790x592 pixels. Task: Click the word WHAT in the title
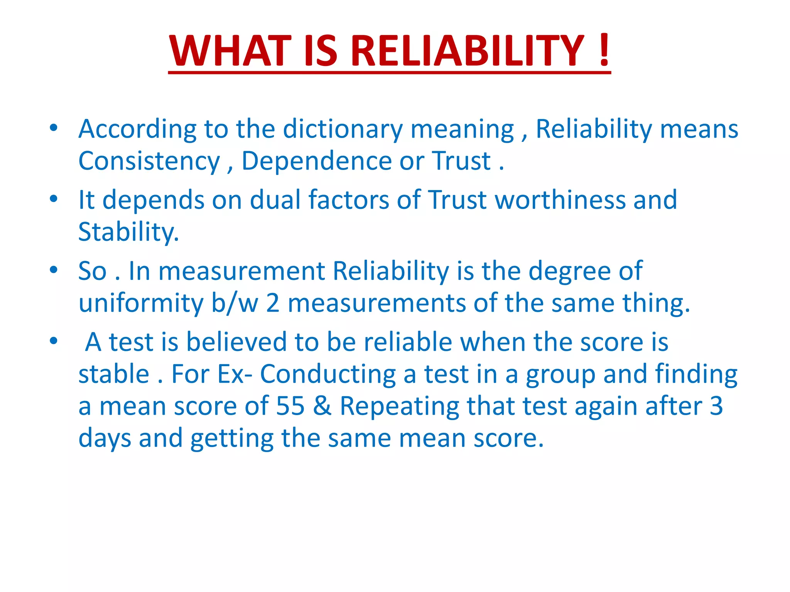pos(230,51)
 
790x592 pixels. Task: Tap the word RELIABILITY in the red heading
pos(467,51)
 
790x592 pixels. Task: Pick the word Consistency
pos(149,161)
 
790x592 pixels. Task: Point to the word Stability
pos(128,232)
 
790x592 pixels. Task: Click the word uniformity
pos(141,303)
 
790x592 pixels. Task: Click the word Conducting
pos(328,374)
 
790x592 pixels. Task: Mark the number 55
pos(290,406)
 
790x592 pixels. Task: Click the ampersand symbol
pos(322,406)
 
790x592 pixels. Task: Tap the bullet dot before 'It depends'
pos(54,199)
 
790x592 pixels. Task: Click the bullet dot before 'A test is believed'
pos(54,341)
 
